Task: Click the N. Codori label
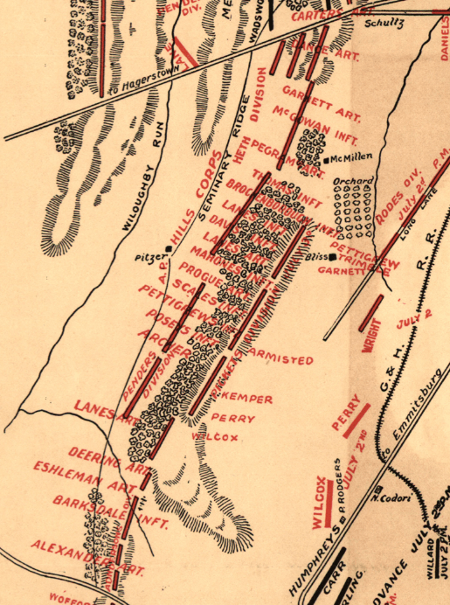tap(384, 499)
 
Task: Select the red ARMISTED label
tap(280, 359)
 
